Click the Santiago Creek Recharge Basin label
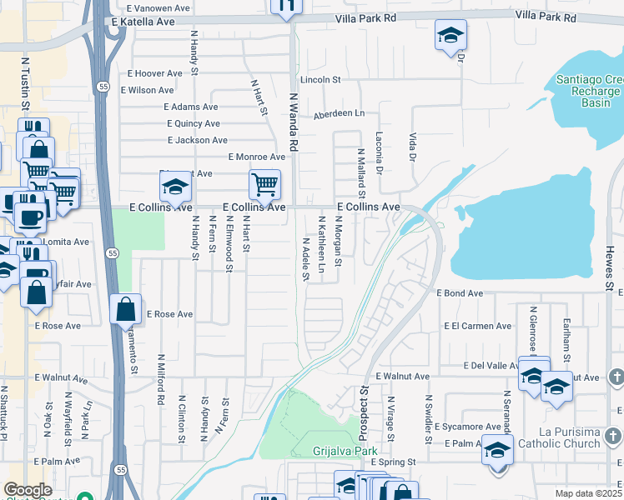pyautogui.click(x=588, y=91)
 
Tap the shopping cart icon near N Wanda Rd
pyautogui.click(x=264, y=184)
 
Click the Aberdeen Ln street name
pyautogui.click(x=340, y=113)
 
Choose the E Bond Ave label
pyautogui.click(x=460, y=293)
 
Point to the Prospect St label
pyautogui.click(x=364, y=412)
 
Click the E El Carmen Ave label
pyautogui.click(x=478, y=326)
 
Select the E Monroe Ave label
pyautogui.click(x=257, y=157)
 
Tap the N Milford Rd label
pyautogui.click(x=160, y=379)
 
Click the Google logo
pyautogui.click(x=28, y=490)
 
